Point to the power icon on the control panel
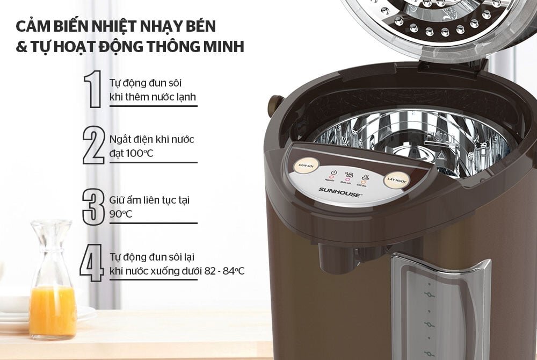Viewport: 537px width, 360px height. click(x=333, y=173)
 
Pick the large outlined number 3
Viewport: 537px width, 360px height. click(x=93, y=206)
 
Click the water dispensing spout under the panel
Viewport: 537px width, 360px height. click(x=333, y=257)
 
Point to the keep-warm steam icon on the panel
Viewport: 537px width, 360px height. click(x=366, y=176)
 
